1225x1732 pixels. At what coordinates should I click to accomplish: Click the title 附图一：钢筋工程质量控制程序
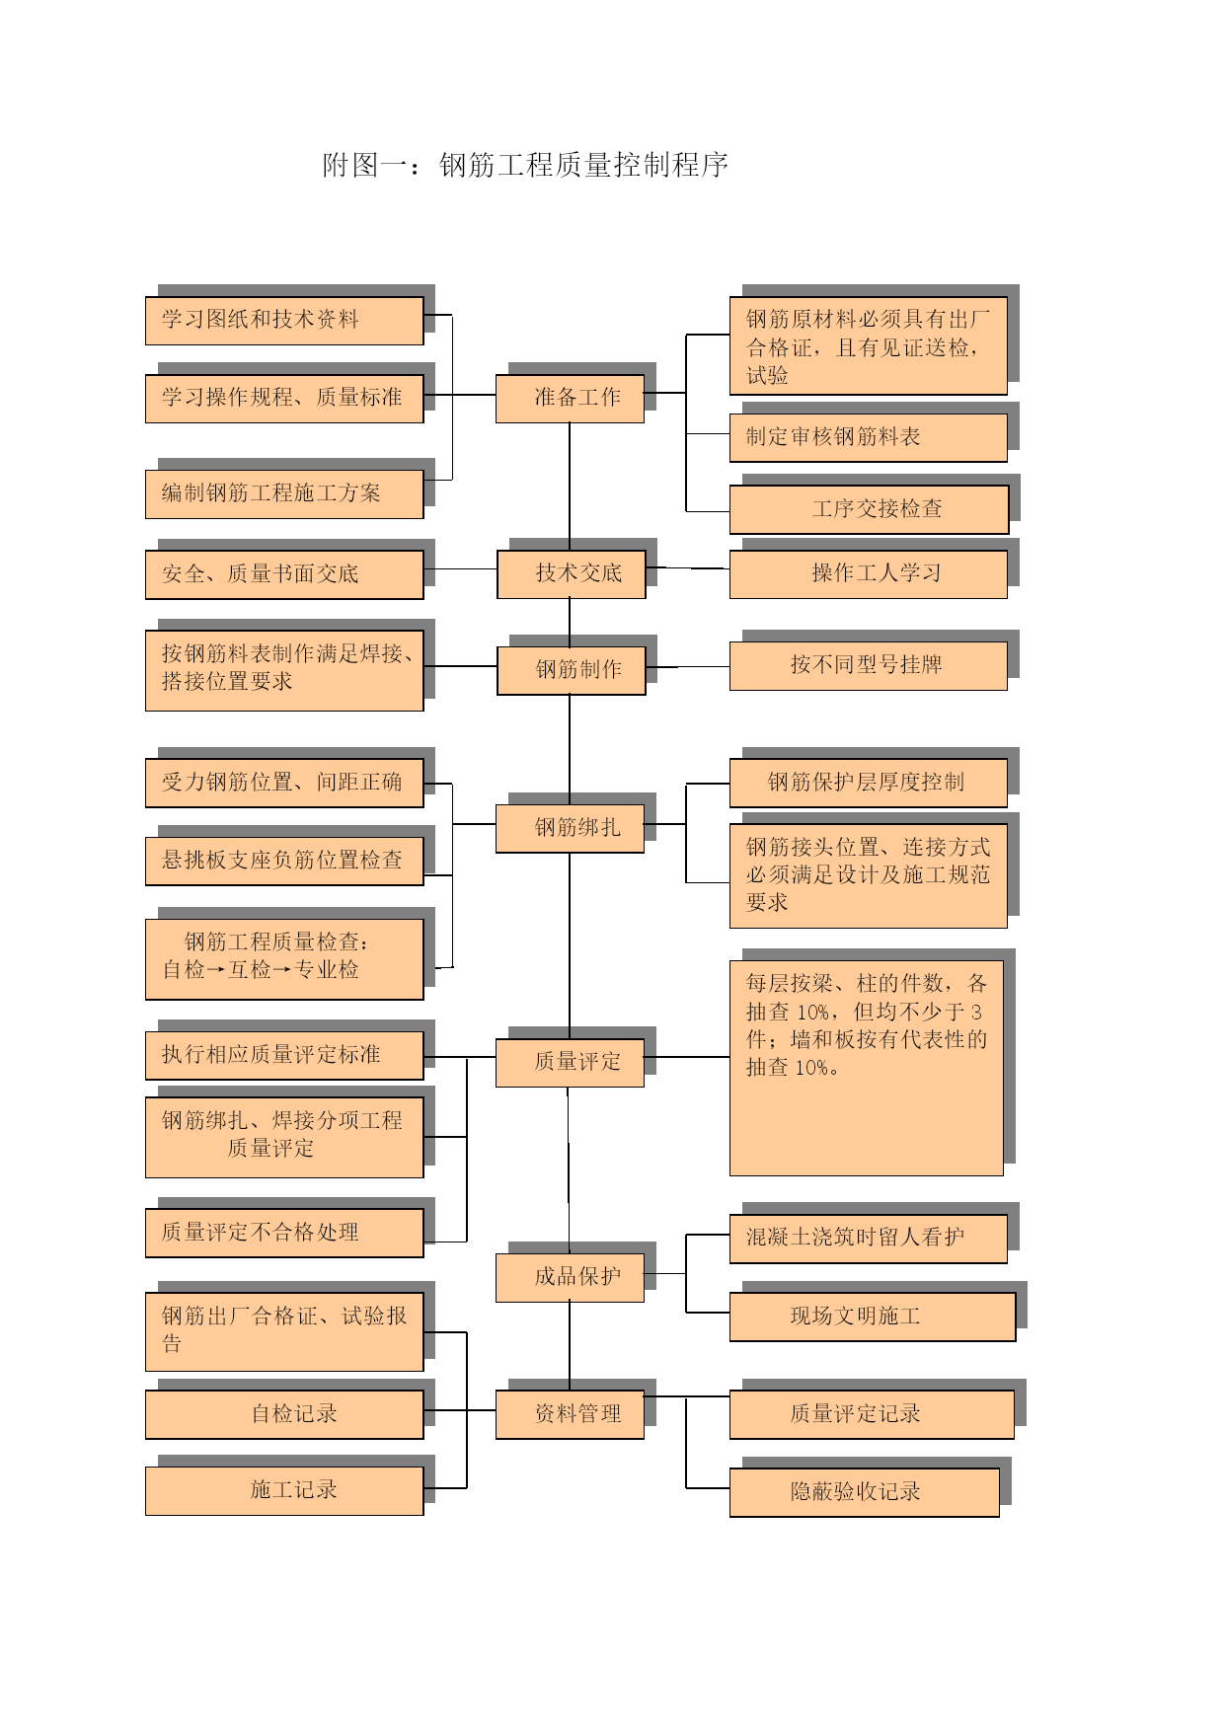coord(525,165)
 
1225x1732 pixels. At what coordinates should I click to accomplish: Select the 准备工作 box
coord(570,399)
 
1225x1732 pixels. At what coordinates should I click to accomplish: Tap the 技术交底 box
coord(572,574)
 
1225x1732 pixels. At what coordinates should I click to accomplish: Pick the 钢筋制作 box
coord(572,671)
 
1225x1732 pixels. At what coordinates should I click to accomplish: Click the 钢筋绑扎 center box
coord(570,828)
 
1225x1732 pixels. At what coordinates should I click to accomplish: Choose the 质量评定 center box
coord(570,1063)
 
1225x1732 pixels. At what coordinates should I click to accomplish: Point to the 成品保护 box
coord(570,1278)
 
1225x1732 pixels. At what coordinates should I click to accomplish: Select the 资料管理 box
coord(570,1414)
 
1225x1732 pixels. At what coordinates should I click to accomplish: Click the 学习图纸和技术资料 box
coord(284,321)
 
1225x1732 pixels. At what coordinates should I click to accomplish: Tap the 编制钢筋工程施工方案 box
coord(284,494)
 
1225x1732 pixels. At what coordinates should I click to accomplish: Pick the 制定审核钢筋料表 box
coord(869,437)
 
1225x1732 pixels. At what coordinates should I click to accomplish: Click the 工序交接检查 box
coord(870,509)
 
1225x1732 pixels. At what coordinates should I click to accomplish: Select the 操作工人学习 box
coord(869,574)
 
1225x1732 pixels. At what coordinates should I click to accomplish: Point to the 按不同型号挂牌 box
coord(869,666)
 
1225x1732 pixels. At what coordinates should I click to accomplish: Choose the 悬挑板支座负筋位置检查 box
coord(284,862)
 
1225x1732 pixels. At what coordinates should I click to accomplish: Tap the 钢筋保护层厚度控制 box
coord(869,784)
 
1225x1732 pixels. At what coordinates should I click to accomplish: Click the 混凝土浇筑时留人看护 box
coord(869,1239)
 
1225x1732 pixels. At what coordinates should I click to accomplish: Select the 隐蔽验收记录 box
coord(865,1492)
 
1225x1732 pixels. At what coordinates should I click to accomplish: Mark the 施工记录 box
coord(284,1491)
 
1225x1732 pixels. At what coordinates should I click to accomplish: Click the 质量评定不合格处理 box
coord(284,1234)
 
